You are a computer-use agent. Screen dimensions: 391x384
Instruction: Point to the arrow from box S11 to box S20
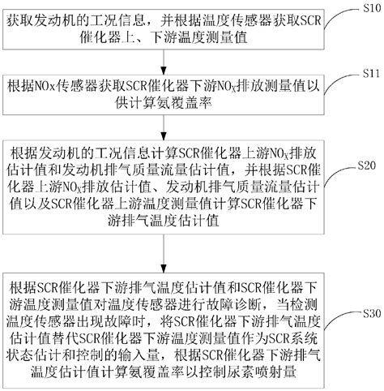tap(165, 128)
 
